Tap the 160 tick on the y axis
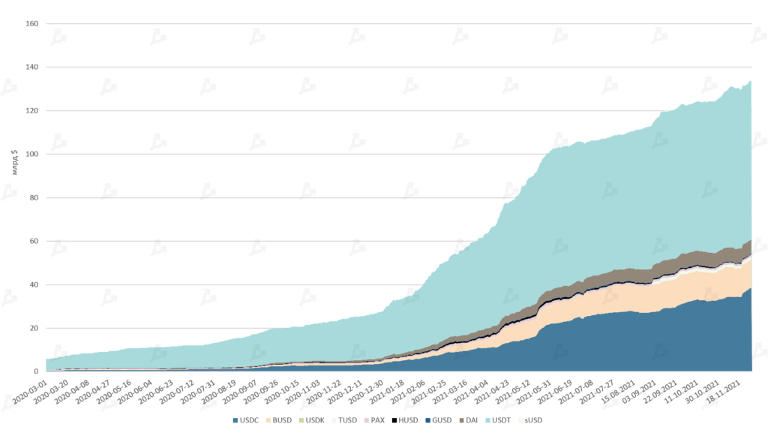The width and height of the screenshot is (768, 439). pyautogui.click(x=31, y=23)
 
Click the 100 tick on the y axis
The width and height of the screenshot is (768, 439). pyautogui.click(x=31, y=154)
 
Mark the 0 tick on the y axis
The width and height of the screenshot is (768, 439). pyautogui.click(x=35, y=371)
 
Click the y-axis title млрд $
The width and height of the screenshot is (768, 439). pyautogui.click(x=14, y=161)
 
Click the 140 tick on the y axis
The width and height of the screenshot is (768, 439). pyautogui.click(x=31, y=67)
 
